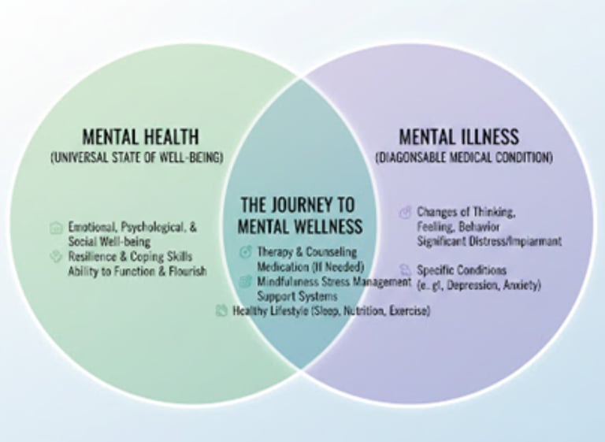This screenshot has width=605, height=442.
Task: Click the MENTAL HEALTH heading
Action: (140, 136)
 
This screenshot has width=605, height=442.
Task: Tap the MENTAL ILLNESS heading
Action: (458, 136)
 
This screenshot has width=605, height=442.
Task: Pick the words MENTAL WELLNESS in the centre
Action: (300, 227)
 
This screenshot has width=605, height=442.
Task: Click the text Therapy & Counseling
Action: (306, 252)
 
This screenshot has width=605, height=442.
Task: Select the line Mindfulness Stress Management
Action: (334, 280)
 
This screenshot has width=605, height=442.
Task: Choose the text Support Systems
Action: (297, 295)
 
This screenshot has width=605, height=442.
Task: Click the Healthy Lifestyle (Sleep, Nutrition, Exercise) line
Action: (331, 310)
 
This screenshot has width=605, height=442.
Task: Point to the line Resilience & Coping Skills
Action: (130, 256)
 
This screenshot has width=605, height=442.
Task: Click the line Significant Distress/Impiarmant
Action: (489, 241)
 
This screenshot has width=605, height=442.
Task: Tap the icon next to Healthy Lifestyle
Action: (221, 310)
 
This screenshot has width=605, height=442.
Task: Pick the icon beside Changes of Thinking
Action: (406, 212)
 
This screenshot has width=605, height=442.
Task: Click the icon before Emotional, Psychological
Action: (55, 227)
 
